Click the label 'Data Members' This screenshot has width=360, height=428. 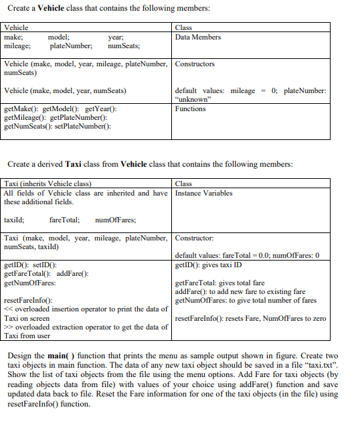point(197,37)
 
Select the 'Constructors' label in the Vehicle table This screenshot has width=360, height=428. point(195,64)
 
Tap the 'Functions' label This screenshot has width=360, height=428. point(190,109)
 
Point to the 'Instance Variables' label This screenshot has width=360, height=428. point(203,193)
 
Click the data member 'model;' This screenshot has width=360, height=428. point(59,37)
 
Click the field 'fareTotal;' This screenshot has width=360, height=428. point(65,220)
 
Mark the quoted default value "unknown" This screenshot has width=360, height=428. point(193,99)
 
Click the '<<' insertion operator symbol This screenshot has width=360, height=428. point(7,309)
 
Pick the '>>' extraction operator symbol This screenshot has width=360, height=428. point(7,327)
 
